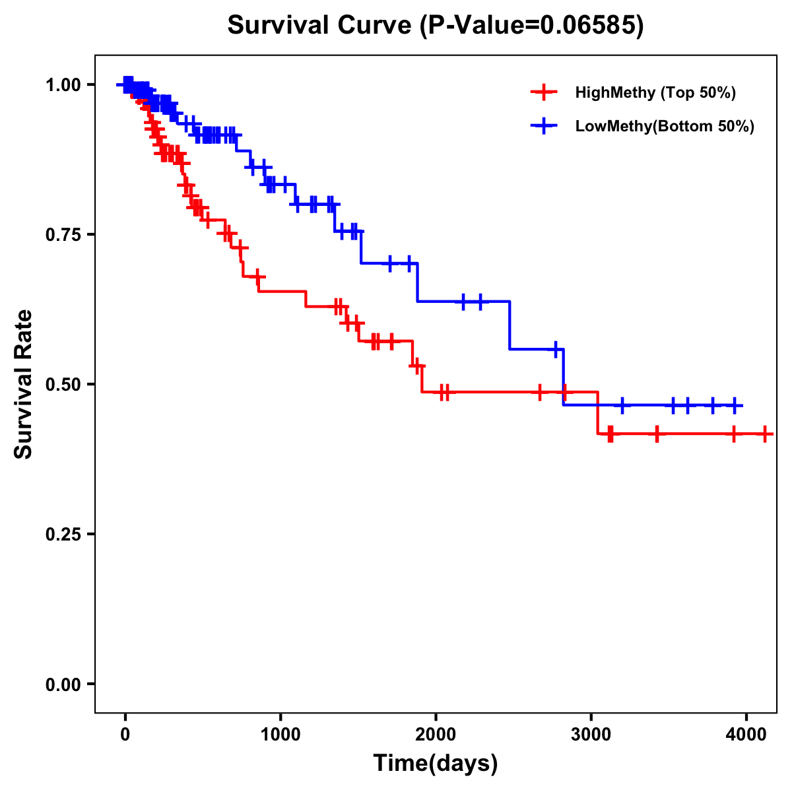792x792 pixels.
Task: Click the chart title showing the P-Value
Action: [x=436, y=25]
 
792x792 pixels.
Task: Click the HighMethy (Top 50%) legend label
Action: [x=655, y=92]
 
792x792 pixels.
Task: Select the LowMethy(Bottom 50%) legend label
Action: [x=665, y=126]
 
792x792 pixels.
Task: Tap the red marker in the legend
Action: [x=544, y=92]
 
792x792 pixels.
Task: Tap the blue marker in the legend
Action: [x=544, y=126]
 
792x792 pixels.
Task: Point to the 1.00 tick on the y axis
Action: [x=63, y=84]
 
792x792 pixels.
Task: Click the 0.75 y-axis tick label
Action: [x=63, y=234]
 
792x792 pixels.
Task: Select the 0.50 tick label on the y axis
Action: [x=63, y=384]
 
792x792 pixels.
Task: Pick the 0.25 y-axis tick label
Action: [x=63, y=534]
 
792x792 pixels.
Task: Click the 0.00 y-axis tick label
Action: [x=63, y=684]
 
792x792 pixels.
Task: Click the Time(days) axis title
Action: [x=436, y=764]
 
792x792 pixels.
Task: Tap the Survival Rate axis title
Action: [x=24, y=384]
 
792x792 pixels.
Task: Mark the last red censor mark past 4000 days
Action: [x=764, y=434]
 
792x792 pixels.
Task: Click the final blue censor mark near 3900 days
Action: [x=733, y=405]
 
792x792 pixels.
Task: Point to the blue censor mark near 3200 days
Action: [x=622, y=405]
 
